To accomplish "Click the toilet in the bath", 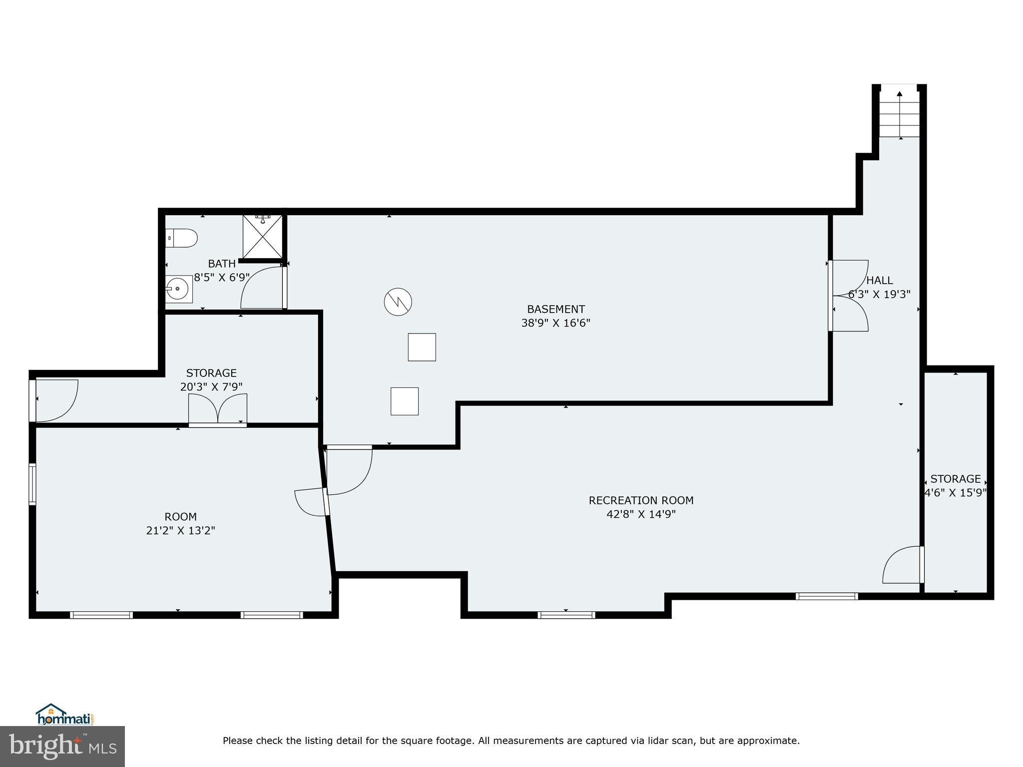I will click(x=182, y=238).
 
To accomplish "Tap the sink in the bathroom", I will click(x=178, y=289).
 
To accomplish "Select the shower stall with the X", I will click(x=262, y=236).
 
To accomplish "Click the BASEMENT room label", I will click(x=555, y=309).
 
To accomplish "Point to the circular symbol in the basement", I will click(x=398, y=302).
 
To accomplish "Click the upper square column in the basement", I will click(x=422, y=347).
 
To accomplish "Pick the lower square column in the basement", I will click(x=404, y=401).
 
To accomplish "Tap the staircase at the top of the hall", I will click(x=899, y=118).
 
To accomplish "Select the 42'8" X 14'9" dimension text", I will click(x=641, y=514).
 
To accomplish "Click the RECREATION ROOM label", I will click(x=641, y=500).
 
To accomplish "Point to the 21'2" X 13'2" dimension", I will click(x=180, y=530).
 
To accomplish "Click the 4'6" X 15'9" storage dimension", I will click(x=955, y=493).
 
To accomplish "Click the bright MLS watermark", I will click(x=62, y=746).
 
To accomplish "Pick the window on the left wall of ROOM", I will click(x=32, y=484).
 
